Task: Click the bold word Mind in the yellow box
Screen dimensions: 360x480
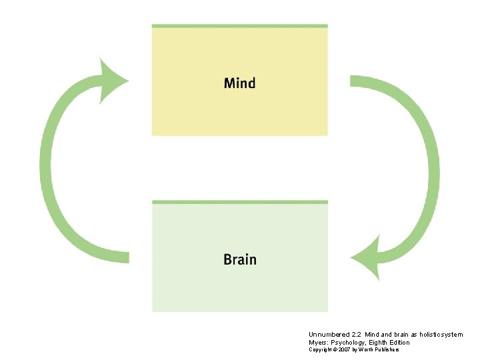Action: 239,83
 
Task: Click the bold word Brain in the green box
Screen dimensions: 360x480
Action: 239,259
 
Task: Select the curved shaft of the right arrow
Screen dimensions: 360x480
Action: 430,167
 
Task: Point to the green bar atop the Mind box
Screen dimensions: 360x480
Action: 239,26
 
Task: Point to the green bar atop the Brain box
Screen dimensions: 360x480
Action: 239,202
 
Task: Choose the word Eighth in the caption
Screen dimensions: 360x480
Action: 377,342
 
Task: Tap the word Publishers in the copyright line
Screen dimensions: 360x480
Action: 386,349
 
